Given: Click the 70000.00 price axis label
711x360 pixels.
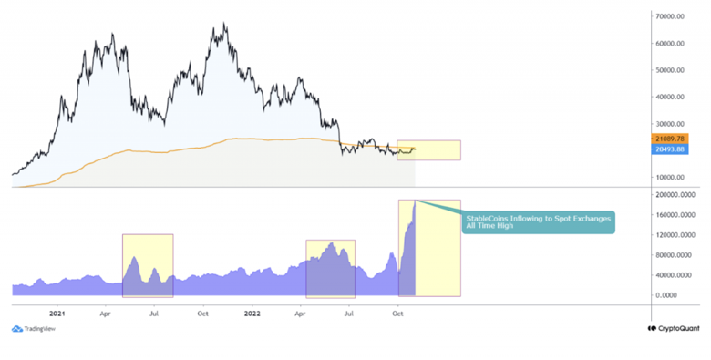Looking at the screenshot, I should pyautogui.click(x=670, y=16).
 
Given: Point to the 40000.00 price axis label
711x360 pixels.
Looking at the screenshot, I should pyautogui.click(x=670, y=97).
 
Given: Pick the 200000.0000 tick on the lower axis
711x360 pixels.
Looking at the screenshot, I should pyautogui.click(x=675, y=195).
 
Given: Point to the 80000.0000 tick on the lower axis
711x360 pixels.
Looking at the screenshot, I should pyautogui.click(x=675, y=255).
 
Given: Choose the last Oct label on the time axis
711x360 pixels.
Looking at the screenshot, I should pyautogui.click(x=397, y=312).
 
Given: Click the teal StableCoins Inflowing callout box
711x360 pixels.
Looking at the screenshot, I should pyautogui.click(x=538, y=222).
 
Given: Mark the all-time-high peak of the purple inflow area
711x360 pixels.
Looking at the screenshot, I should pyautogui.click(x=415, y=201).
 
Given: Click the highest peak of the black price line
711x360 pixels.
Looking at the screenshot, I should pyautogui.click(x=223, y=25).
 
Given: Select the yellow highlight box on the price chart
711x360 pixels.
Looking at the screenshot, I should pyautogui.click(x=428, y=150).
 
